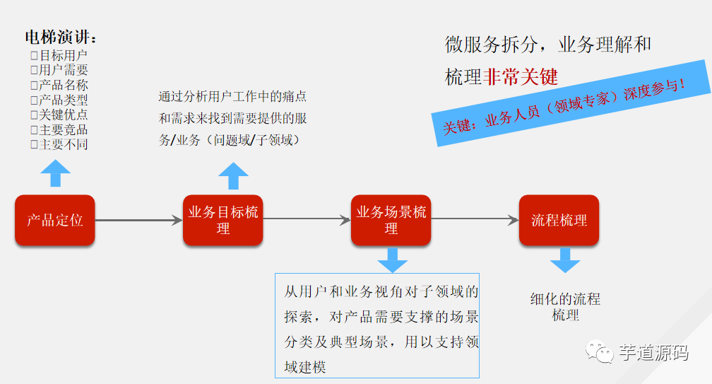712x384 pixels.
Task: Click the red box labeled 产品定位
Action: (54, 220)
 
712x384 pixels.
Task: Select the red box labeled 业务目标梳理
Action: (223, 220)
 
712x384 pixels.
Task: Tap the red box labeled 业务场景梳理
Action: (391, 220)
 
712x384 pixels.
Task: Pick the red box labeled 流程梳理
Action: (559, 220)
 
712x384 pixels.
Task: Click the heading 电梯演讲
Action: (61, 37)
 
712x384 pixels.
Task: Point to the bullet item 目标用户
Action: (59, 55)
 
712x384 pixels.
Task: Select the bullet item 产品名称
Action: (59, 85)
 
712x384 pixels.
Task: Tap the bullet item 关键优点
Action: (59, 115)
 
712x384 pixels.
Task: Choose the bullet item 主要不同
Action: (59, 144)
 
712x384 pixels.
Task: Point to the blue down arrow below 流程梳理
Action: (565, 260)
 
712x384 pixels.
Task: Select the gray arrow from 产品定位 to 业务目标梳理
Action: (138, 221)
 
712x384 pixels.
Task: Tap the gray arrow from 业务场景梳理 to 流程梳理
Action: (475, 221)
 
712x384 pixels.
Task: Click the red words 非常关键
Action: (520, 77)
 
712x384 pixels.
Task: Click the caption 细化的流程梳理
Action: (565, 307)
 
